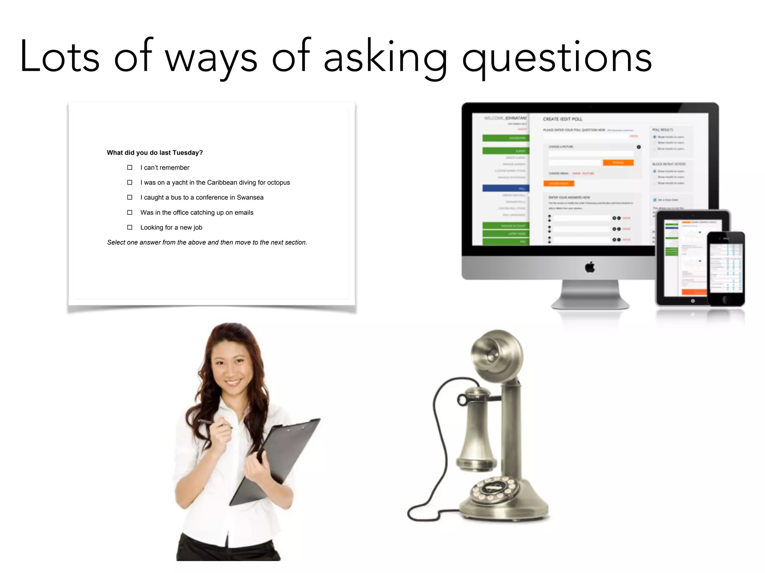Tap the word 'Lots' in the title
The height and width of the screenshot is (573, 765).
click(60, 57)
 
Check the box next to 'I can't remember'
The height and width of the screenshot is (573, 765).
click(130, 167)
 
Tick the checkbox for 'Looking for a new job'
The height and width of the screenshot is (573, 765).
click(130, 227)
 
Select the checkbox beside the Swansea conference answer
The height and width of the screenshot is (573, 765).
click(130, 197)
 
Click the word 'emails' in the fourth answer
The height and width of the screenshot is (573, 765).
click(244, 212)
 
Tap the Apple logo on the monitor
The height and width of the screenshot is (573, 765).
click(590, 267)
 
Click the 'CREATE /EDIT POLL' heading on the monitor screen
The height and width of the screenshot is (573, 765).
click(563, 119)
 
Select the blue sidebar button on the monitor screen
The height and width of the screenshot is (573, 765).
click(506, 188)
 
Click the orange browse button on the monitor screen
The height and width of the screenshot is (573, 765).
click(618, 163)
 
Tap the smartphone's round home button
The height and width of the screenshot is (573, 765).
click(726, 299)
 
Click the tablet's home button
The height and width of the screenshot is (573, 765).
click(693, 301)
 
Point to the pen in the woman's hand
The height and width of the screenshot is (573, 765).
click(214, 423)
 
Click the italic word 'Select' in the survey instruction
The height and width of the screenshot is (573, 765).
click(116, 242)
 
